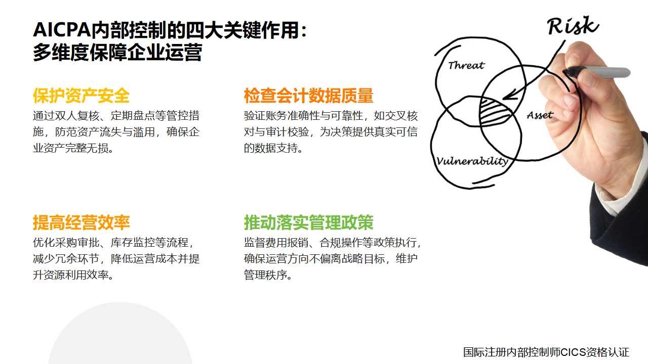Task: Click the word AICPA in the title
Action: (62, 30)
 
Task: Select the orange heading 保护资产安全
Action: (82, 96)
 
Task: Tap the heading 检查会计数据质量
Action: (309, 96)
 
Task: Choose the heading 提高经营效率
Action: (82, 222)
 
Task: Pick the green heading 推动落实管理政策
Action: (309, 222)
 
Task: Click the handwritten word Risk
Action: (573, 26)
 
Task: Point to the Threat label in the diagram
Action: (466, 65)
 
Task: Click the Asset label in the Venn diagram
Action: (540, 115)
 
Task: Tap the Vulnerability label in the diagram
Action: (472, 161)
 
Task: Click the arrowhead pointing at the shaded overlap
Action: (510, 95)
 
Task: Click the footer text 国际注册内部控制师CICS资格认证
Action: (546, 352)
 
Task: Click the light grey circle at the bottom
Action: (120, 332)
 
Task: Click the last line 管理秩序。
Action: (268, 275)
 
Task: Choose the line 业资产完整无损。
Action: (73, 148)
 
